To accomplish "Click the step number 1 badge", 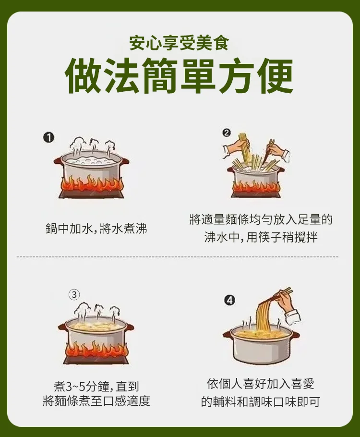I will click(x=48, y=138).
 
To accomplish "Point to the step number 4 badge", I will click(x=229, y=301).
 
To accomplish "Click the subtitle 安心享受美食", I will click(x=179, y=44).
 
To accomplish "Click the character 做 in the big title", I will click(x=83, y=76).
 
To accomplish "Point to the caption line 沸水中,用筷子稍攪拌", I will click(x=261, y=237).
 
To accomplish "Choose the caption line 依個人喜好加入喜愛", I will click(x=261, y=384).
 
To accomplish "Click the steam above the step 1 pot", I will click(x=91, y=146).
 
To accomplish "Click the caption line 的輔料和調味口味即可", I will click(x=261, y=402).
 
